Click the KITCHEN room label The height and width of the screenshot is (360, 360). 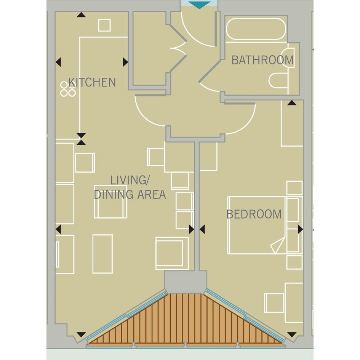tap(92, 82)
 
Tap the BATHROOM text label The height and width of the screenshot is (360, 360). tap(262, 60)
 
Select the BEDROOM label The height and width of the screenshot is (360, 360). tap(254, 214)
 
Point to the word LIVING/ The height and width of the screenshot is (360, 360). tap(130, 180)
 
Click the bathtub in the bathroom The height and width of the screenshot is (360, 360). tap(256, 29)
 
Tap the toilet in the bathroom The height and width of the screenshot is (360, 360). tap(278, 81)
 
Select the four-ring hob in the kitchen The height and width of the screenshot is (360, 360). tap(68, 89)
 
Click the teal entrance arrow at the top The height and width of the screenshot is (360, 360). tap(199, 5)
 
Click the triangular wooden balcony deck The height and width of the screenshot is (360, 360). tap(186, 322)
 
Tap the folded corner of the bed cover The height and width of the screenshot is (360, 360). tap(277, 245)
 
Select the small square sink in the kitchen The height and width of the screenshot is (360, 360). tap(104, 25)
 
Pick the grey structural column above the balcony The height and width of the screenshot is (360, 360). tap(186, 282)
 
